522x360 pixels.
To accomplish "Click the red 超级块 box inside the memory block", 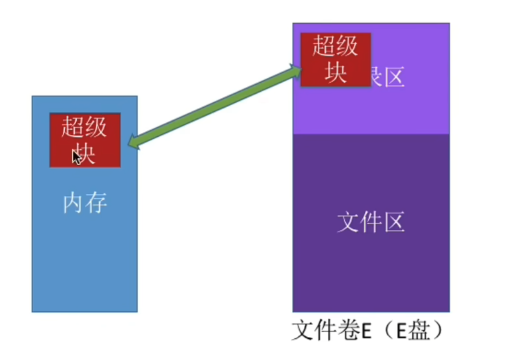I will tap(85, 140).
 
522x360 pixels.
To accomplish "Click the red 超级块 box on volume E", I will tap(336, 60).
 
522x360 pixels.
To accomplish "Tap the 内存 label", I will tap(85, 202).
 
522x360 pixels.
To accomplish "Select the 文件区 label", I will tap(371, 222).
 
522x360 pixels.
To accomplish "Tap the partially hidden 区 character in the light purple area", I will tap(394, 77).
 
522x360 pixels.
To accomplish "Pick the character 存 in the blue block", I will tap(96, 202).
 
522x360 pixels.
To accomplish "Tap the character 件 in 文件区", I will tap(371, 222).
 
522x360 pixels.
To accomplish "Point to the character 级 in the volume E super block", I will tap(348, 48).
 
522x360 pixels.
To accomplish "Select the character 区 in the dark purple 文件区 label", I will tap(394, 222).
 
